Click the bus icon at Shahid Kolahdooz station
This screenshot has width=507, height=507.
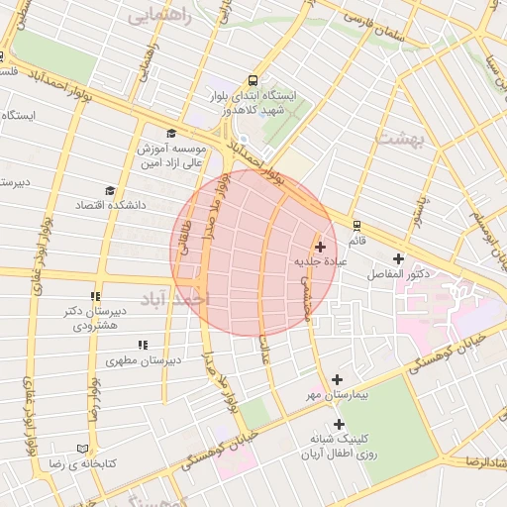[x=253, y=81]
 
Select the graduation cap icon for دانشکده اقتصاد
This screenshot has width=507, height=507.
[x=109, y=190]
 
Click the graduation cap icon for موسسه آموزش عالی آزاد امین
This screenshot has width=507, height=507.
[x=170, y=134]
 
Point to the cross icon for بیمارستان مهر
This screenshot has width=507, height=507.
[x=337, y=379]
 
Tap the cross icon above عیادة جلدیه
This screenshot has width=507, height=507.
[x=320, y=247]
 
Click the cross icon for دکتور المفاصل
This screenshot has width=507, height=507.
[x=398, y=258]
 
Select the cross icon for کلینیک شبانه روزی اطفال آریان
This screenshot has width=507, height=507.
[x=339, y=424]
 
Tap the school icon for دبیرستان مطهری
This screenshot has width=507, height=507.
[x=143, y=346]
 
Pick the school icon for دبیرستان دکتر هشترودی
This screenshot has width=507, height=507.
[x=95, y=296]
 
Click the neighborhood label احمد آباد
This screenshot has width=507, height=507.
[x=175, y=298]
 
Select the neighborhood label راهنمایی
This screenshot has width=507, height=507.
[x=161, y=17]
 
